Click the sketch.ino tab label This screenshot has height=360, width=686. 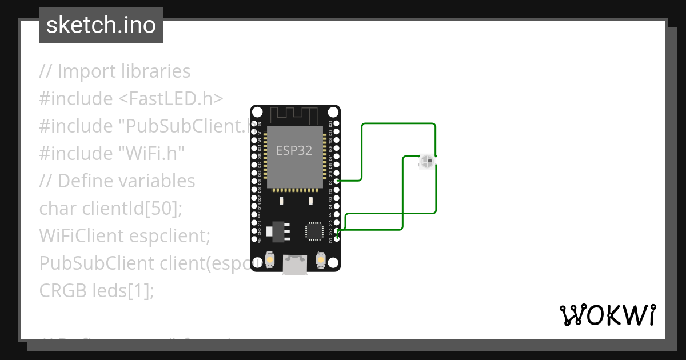tap(101, 25)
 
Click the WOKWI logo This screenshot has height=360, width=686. tap(607, 315)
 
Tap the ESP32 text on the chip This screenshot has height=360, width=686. tap(294, 150)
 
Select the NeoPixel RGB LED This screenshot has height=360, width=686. tap(426, 162)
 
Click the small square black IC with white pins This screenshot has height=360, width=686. tap(314, 230)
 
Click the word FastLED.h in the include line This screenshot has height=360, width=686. tap(171, 98)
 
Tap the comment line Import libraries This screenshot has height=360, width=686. tap(115, 71)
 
